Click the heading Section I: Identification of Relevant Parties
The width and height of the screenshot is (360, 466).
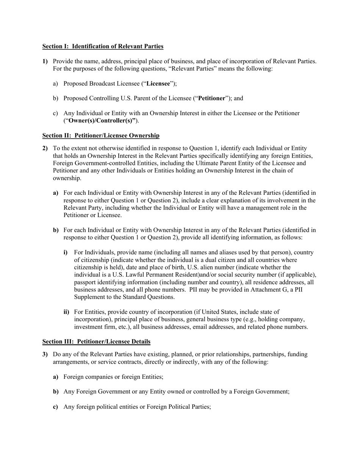coord(103,46)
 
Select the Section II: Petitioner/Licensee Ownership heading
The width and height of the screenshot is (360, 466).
coord(101,135)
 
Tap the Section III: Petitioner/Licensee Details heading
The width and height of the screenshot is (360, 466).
coord(96,341)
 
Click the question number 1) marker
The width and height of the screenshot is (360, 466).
coord(45,61)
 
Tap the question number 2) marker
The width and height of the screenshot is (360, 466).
coord(45,148)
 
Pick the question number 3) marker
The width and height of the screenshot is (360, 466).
coord(45,354)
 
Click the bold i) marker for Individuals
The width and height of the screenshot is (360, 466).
coord(65,252)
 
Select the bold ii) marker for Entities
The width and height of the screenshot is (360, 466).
coord(66,312)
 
